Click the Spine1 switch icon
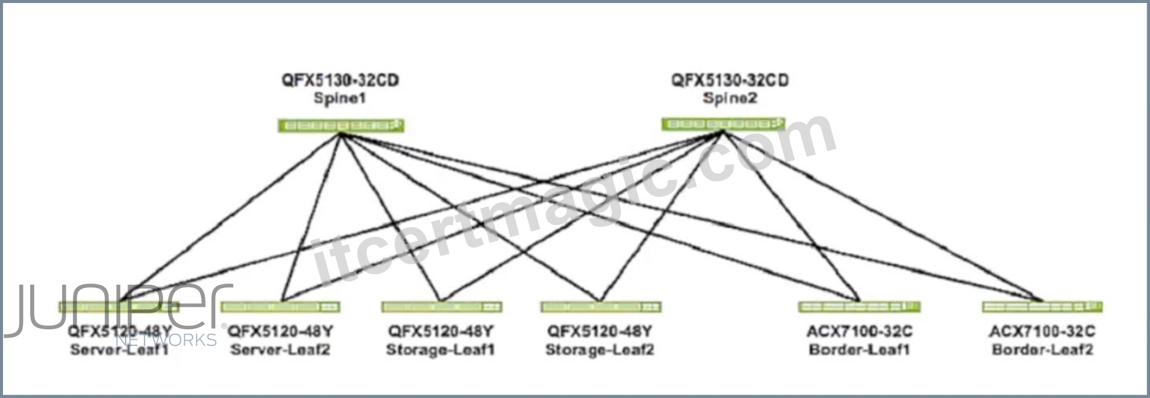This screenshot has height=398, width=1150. coord(341,126)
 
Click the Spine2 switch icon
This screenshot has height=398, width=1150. coord(723,124)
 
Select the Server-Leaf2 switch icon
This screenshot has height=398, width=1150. coord(280,307)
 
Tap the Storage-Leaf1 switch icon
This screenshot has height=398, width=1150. coord(442,307)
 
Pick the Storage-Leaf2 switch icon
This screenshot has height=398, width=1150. coord(600,307)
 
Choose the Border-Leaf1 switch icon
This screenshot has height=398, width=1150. coord(859,306)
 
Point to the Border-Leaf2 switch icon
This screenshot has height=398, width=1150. coord(1042,306)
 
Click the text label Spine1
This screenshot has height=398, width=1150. coord(340,98)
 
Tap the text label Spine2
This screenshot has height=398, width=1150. coord(730,98)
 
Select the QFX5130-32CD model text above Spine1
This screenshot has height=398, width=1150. coord(340,80)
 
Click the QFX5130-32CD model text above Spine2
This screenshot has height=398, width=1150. coord(730,80)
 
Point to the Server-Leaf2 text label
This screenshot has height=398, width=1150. coord(280,349)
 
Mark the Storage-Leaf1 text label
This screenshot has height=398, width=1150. coord(440,349)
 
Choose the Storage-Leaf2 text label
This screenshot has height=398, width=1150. coord(599,349)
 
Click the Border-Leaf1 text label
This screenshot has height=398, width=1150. coord(859,349)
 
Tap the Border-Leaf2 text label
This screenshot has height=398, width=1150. coord(1042,349)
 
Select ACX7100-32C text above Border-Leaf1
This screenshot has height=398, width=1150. coord(859,331)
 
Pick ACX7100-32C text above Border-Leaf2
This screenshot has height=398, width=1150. coord(1042,331)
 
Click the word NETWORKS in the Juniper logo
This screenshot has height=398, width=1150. coord(166,340)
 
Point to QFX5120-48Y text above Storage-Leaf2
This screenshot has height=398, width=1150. coord(599,331)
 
